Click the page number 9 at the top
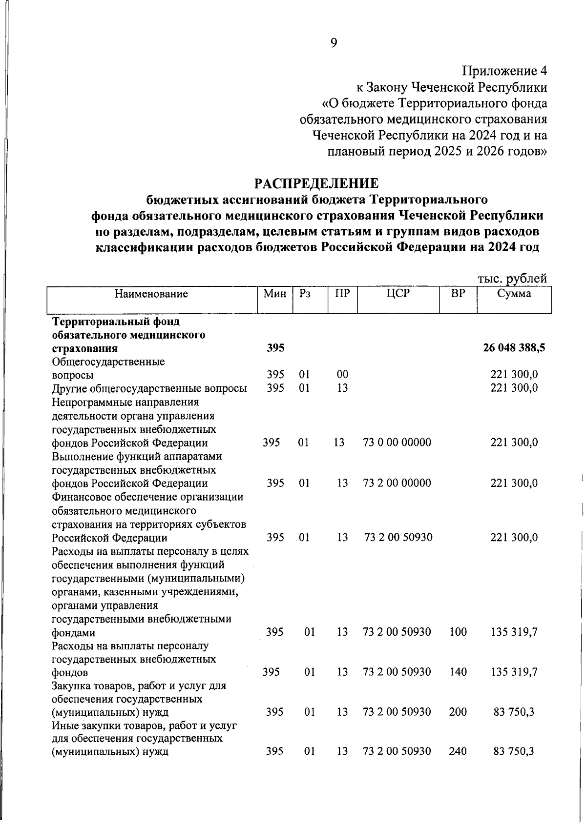coord(334,43)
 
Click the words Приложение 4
coord(504,71)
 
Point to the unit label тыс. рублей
coord(512,279)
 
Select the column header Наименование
coord(151,294)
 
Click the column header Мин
coord(275,294)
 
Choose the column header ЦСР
coord(398,294)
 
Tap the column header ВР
coord(458,294)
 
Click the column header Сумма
coord(514,294)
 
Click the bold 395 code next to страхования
coord(275,348)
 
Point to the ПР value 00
coord(342,375)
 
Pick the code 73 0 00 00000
coord(397,442)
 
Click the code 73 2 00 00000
coord(397,483)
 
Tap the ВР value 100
coord(458,632)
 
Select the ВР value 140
coord(458,672)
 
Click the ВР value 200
coord(458,712)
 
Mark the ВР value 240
coord(458,751)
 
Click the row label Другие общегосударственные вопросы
coord(149,388)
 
